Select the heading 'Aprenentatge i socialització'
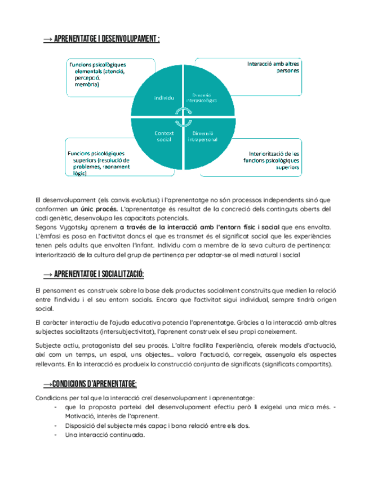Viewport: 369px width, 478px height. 94,274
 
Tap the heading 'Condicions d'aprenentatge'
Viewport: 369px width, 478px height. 90,384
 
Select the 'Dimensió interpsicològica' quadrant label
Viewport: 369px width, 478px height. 201,98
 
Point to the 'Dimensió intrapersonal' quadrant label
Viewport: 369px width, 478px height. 201,136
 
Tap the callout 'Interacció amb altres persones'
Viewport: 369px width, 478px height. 273,68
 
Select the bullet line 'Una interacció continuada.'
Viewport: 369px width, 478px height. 105,435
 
